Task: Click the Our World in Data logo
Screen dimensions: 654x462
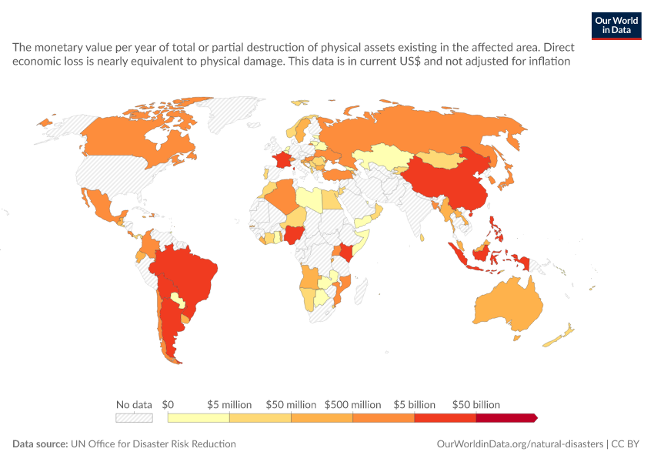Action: [x=616, y=26]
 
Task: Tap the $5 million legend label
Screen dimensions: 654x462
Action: [x=229, y=404]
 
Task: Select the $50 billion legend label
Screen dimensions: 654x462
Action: [x=476, y=404]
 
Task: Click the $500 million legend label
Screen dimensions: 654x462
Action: [x=353, y=404]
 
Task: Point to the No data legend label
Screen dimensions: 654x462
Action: [x=134, y=404]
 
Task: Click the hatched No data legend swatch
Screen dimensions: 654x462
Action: [x=134, y=418]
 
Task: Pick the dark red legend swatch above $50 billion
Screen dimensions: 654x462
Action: [x=506, y=418]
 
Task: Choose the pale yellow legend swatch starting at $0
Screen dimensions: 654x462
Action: [x=199, y=418]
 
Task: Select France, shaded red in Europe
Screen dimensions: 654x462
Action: [x=281, y=160]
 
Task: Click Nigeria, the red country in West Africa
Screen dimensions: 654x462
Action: [x=293, y=235]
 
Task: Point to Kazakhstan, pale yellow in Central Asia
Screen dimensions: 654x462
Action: [x=382, y=157]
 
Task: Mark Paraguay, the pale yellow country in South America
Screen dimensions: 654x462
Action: [x=178, y=300]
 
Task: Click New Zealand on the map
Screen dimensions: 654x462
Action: [x=559, y=336]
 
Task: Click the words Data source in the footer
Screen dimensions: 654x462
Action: [x=40, y=444]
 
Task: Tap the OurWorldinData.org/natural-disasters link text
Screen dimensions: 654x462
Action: [x=519, y=444]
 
